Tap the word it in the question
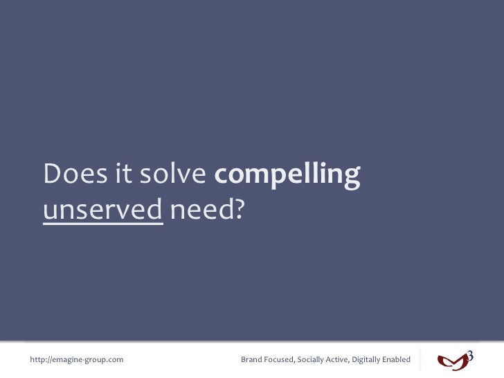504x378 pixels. pyautogui.click(x=123, y=176)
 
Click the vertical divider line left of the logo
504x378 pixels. pyautogui.click(x=420, y=360)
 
